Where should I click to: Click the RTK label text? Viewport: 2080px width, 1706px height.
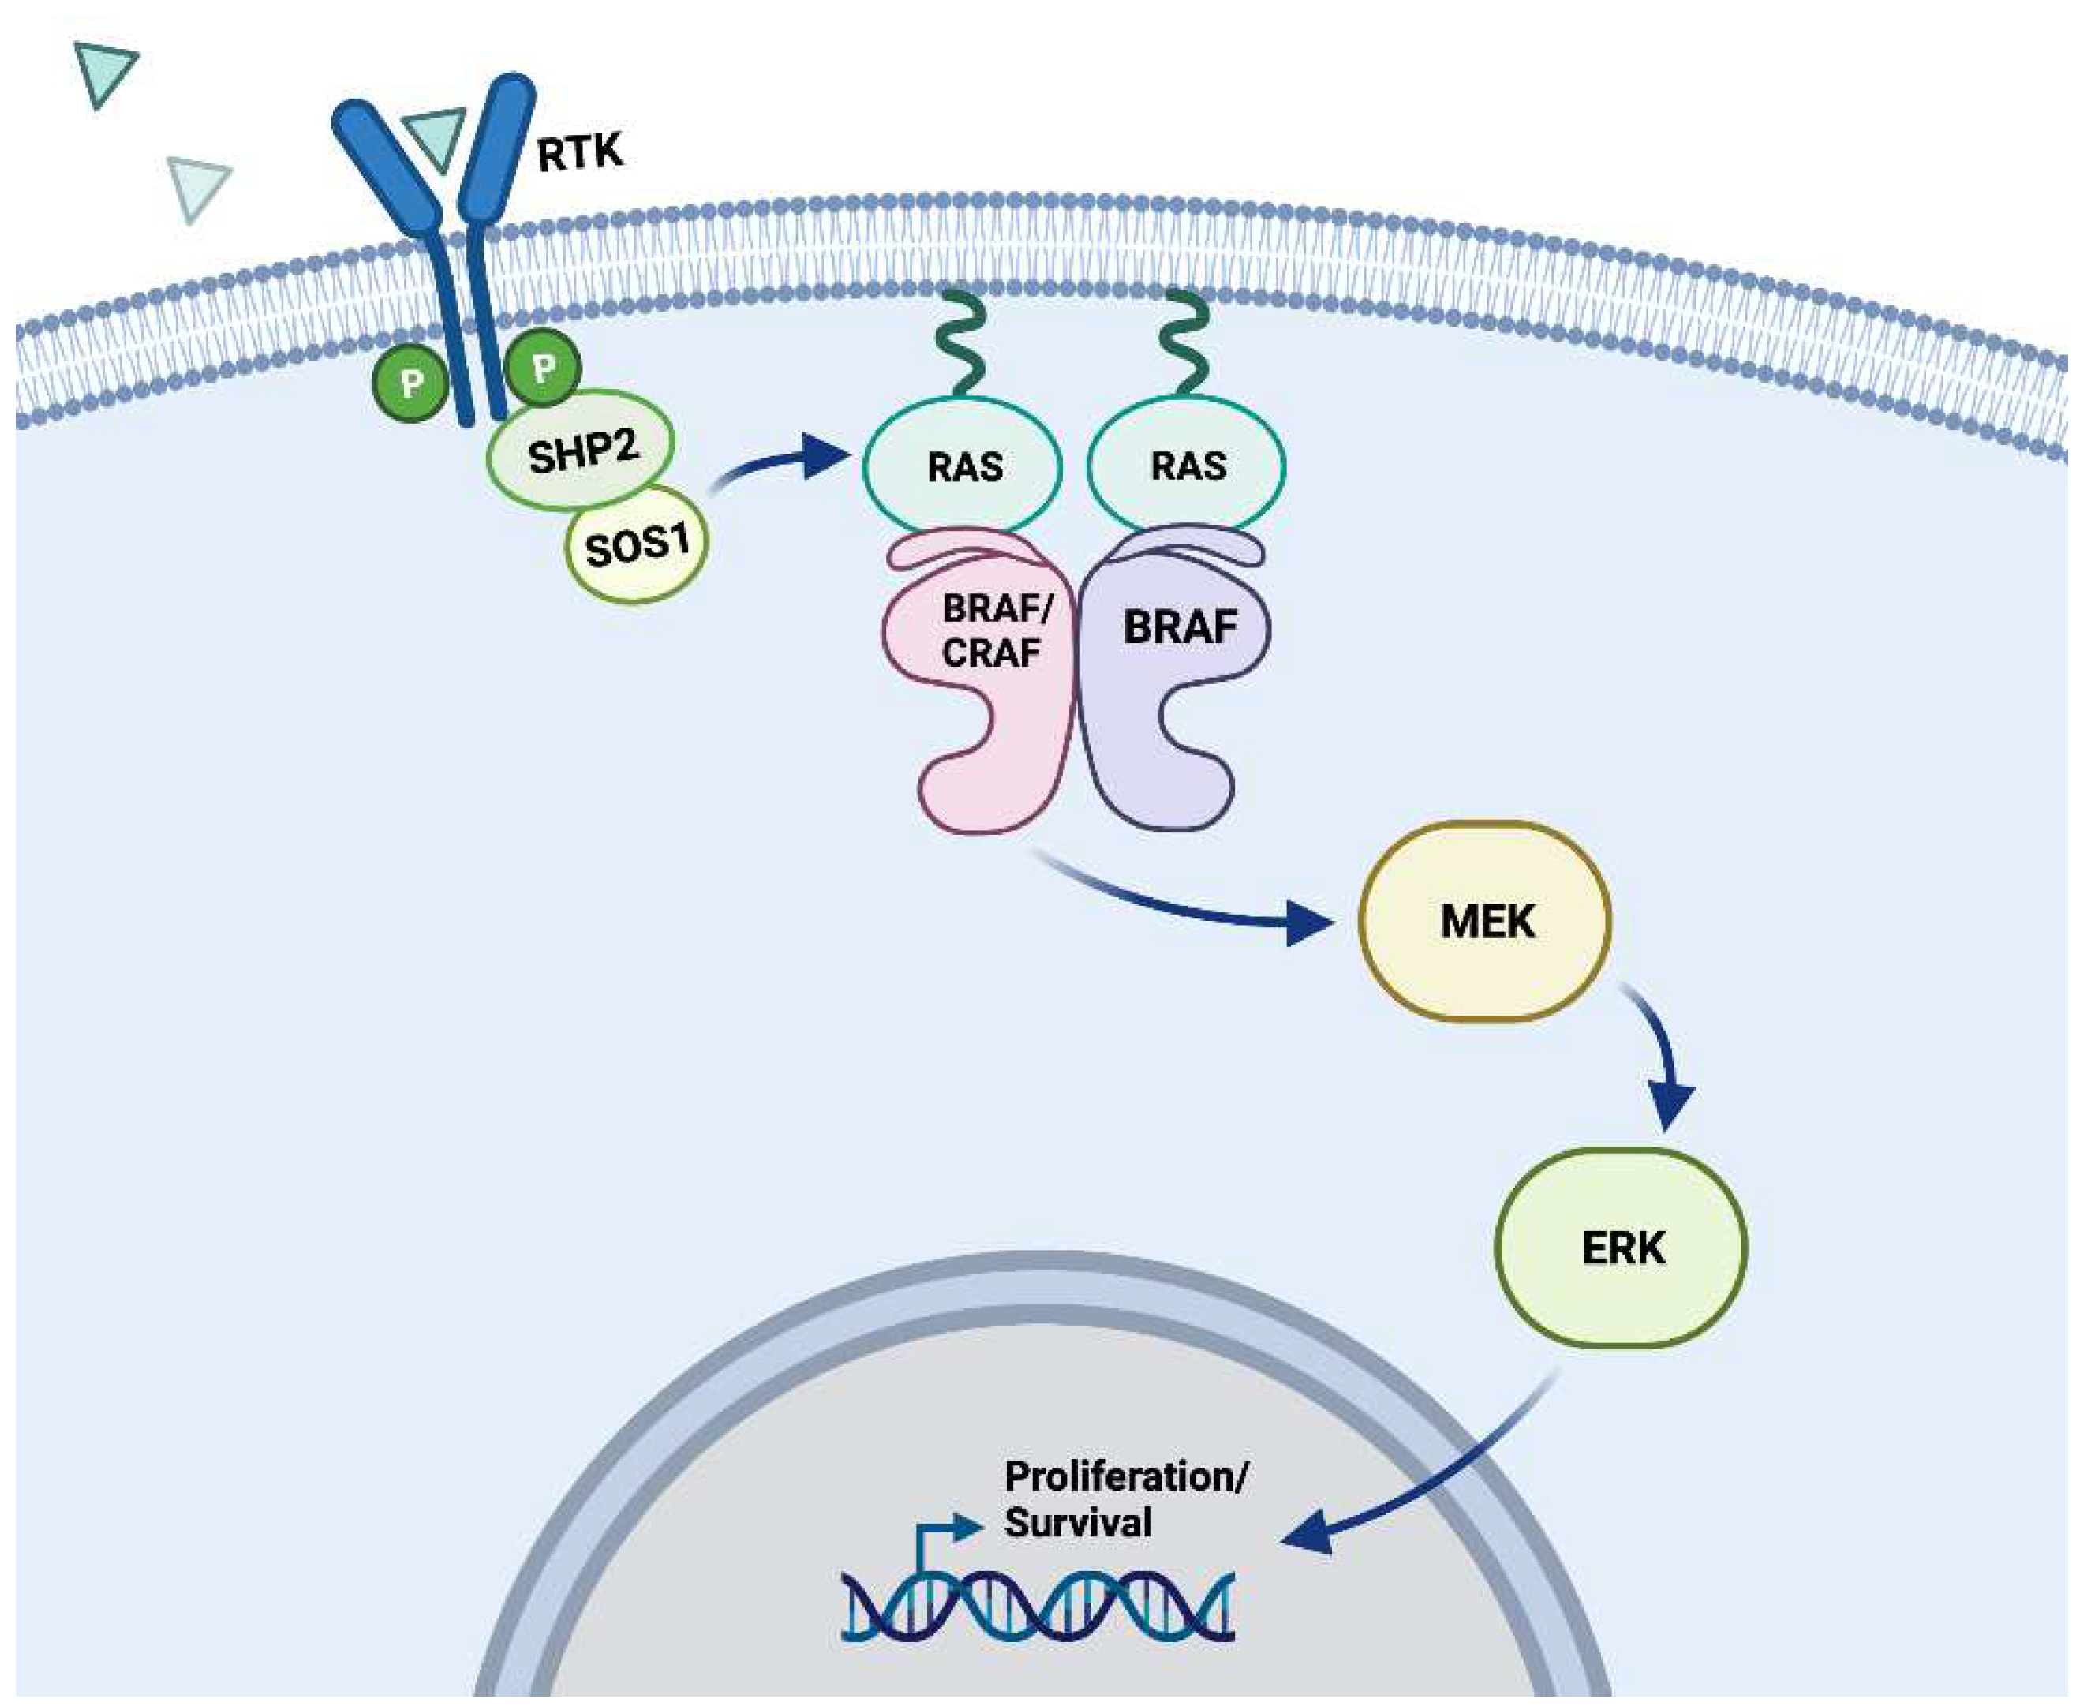point(580,153)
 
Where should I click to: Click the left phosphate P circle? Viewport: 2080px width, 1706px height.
point(410,383)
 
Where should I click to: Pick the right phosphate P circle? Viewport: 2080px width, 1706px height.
point(542,369)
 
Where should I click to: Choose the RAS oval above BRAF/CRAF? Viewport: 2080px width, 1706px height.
point(963,466)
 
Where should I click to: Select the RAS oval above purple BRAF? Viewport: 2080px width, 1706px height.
point(1187,466)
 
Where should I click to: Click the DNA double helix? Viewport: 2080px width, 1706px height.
point(1037,1607)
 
